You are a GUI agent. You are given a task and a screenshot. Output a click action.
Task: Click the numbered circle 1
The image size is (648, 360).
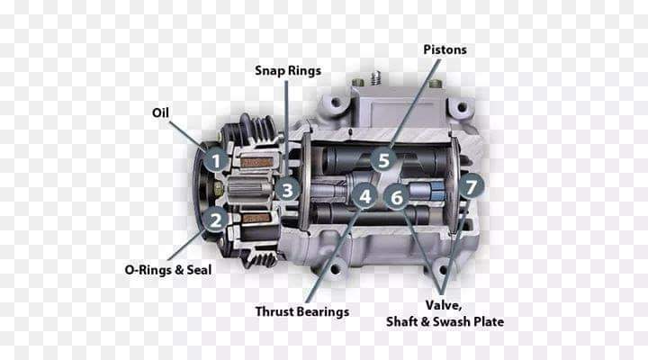click(216, 160)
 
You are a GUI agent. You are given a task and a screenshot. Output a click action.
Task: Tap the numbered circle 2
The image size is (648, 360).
click(216, 220)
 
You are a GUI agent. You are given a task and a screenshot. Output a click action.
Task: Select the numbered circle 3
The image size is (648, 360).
click(287, 190)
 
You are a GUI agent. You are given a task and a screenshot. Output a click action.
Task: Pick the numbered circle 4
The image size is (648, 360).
click(364, 196)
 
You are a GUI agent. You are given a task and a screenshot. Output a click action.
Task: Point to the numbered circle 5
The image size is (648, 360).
click(383, 160)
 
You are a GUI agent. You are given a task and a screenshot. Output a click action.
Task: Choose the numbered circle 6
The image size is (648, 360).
click(397, 197)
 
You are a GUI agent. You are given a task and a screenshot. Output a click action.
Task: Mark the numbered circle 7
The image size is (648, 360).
click(471, 186)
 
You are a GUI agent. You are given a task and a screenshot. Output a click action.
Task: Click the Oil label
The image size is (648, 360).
click(160, 112)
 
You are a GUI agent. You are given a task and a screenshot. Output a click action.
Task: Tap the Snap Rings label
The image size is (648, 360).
click(288, 71)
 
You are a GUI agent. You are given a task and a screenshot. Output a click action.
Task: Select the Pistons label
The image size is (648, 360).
click(445, 49)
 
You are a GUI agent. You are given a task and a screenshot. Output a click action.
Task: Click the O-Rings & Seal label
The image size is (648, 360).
click(167, 270)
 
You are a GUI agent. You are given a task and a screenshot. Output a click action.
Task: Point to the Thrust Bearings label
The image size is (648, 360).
click(302, 311)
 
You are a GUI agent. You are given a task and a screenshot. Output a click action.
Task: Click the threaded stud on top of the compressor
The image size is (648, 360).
click(375, 77)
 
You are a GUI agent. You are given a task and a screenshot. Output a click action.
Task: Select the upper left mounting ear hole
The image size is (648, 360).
click(335, 102)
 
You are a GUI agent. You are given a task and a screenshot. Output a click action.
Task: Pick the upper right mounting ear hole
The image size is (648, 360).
click(463, 107)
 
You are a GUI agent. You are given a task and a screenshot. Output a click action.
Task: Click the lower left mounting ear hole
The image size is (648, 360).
click(335, 269)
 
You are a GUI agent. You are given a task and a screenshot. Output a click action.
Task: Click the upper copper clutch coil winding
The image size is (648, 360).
click(256, 162)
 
